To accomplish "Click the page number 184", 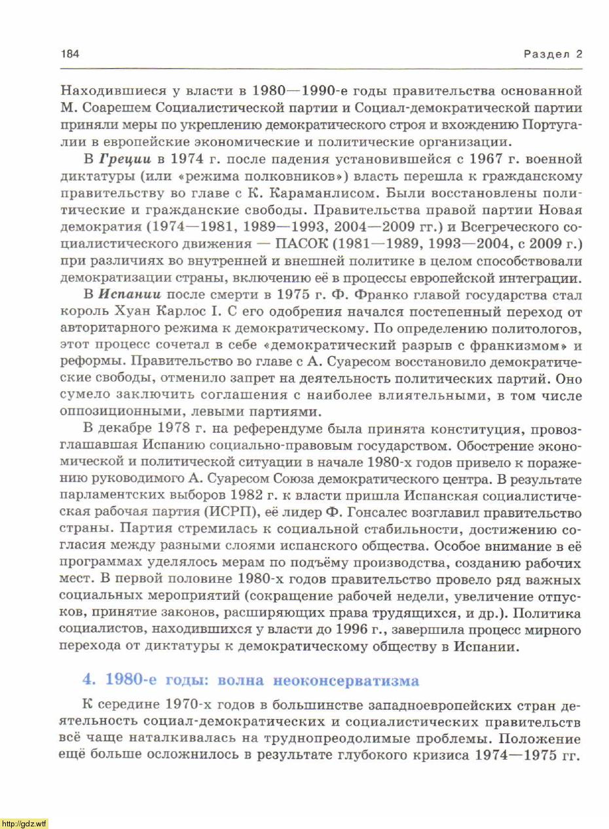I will pos(70,54).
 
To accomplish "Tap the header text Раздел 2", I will pos(553,54).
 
